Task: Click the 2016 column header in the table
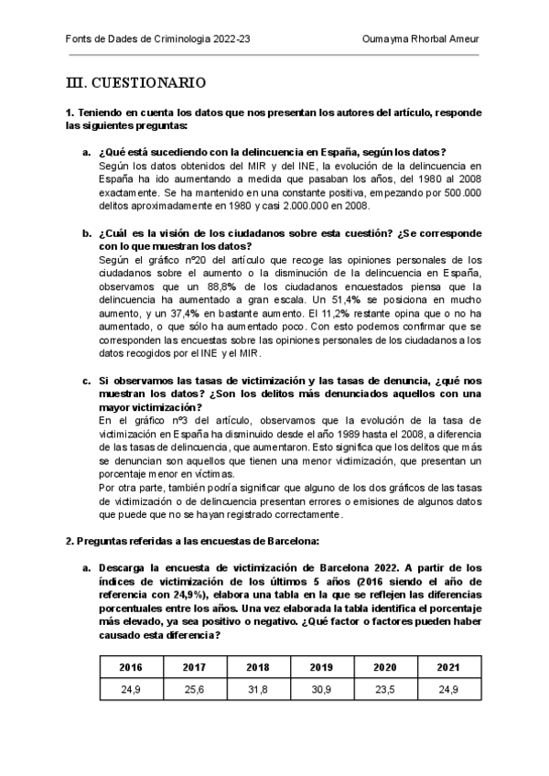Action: click(131, 667)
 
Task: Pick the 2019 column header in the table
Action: click(321, 667)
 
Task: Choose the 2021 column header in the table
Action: click(448, 667)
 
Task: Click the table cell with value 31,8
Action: click(258, 690)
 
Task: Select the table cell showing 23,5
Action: click(385, 690)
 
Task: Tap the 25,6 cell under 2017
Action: click(194, 690)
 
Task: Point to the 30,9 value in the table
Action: click(321, 690)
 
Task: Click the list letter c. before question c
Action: click(86, 380)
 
